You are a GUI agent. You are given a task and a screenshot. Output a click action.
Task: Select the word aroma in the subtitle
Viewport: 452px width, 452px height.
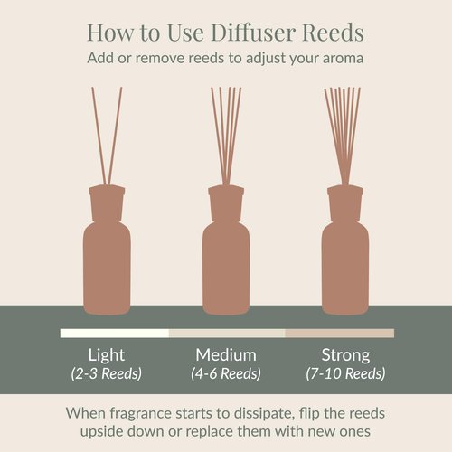(342, 58)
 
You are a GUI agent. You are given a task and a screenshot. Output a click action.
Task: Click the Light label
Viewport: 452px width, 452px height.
(107, 354)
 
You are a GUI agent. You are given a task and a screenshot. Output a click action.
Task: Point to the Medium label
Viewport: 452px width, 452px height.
(225, 354)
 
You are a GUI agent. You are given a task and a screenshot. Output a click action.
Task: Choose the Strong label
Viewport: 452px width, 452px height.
(345, 354)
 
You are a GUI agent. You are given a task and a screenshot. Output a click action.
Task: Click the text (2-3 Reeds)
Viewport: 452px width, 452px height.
(107, 373)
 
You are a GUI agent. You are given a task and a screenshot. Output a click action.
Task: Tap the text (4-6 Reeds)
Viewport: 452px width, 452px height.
(225, 373)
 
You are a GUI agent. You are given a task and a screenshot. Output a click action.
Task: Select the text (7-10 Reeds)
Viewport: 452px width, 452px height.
(345, 373)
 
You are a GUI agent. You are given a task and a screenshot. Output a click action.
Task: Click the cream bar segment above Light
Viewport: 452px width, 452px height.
(114, 334)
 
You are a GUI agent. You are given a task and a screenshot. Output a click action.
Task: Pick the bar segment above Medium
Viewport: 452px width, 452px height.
(226, 334)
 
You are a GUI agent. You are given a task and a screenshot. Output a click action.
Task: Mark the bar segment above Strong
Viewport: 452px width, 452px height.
(339, 334)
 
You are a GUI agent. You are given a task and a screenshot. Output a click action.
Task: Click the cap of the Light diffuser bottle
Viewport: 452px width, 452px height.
(107, 197)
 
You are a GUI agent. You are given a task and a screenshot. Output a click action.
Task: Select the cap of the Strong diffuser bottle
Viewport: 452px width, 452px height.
(345, 197)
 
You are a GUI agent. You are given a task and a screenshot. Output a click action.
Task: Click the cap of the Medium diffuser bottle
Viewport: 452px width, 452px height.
(226, 197)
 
